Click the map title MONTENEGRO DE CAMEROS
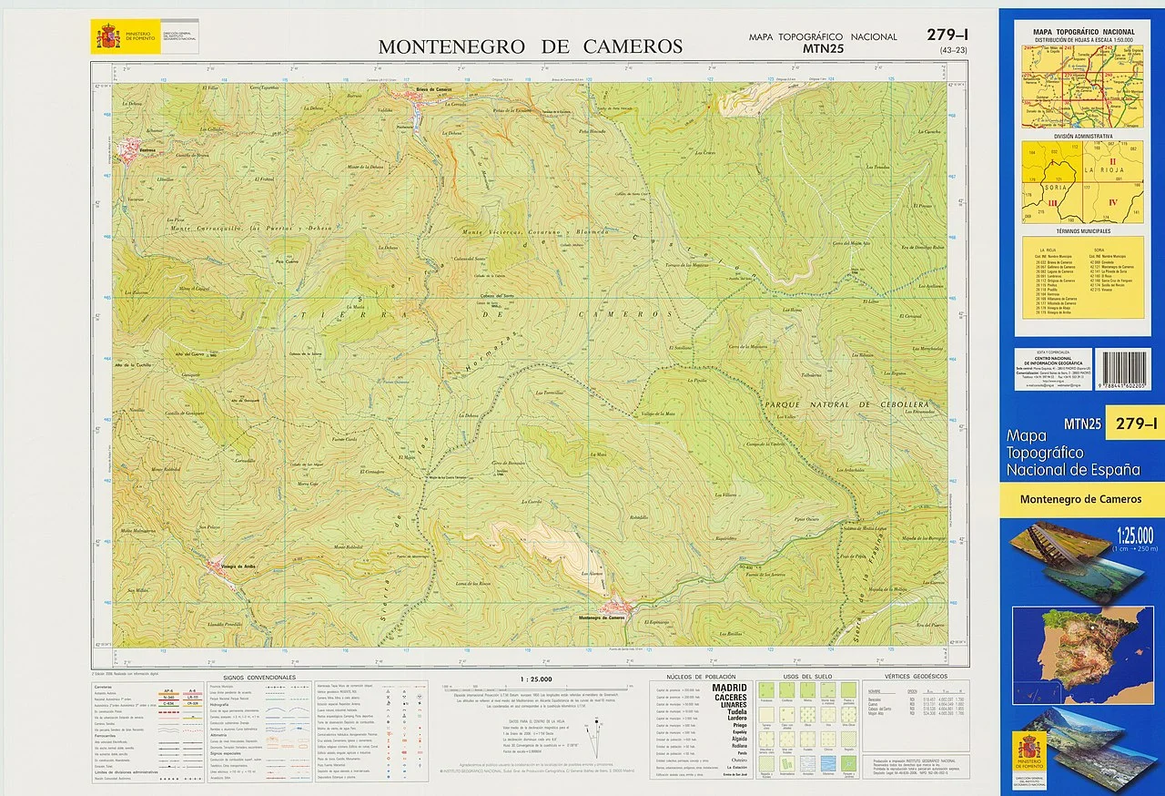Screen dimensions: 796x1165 tap(530, 46)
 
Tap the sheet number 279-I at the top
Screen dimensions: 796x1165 tap(947, 36)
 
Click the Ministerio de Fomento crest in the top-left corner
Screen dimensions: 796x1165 tap(107, 37)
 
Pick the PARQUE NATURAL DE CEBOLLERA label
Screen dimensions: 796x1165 tap(846, 404)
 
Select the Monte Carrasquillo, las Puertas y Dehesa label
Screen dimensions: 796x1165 tap(251, 228)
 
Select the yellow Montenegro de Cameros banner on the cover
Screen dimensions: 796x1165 tap(1080, 499)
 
